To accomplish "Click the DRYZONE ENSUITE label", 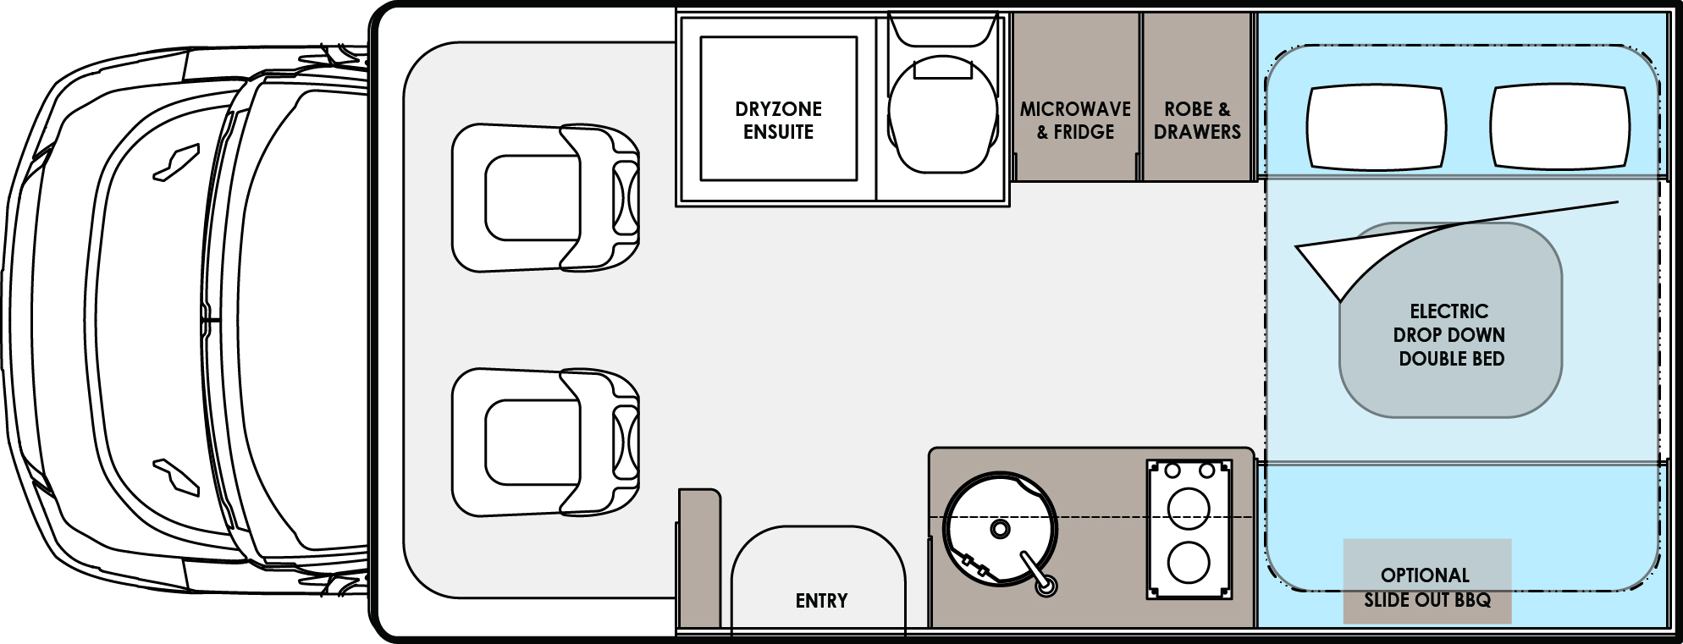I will (778, 121).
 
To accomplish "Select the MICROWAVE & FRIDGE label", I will (1075, 121).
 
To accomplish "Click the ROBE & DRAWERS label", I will (1197, 121).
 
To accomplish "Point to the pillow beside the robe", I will (1376, 127).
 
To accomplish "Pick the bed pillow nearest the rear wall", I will (1559, 127).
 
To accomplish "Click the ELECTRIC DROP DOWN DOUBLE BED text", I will (1449, 335).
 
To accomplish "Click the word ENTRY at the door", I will (821, 601).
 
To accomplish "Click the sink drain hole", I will (1000, 530).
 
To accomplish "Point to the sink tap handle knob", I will (1047, 585).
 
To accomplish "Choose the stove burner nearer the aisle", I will (1189, 508).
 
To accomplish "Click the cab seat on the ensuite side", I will (542, 199).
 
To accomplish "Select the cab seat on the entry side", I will (542, 442).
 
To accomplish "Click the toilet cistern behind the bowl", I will (942, 30).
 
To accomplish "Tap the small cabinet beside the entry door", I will (698, 559).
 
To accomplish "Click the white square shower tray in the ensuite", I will (778, 108).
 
